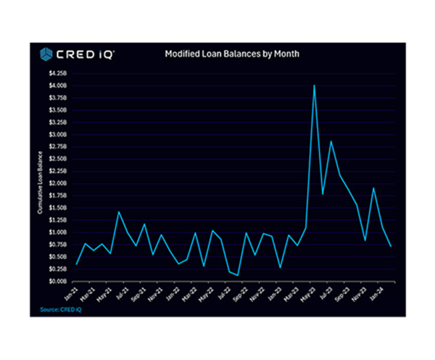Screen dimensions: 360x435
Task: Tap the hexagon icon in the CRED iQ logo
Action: coord(46,54)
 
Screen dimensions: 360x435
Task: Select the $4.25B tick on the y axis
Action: coord(58,73)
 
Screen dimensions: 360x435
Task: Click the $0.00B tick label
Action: coord(58,280)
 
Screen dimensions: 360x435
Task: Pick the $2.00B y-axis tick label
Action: coord(58,183)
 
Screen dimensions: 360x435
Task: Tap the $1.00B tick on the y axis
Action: coord(58,232)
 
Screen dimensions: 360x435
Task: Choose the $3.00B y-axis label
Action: coord(58,134)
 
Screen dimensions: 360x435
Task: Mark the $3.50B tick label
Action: coord(58,110)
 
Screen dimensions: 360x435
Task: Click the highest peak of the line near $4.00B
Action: coord(314,86)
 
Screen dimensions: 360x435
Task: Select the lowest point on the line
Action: coord(238,275)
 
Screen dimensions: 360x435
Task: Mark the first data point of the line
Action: coord(76,264)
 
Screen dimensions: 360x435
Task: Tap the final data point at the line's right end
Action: coord(391,246)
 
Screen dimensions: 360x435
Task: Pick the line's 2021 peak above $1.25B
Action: coord(119,211)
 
